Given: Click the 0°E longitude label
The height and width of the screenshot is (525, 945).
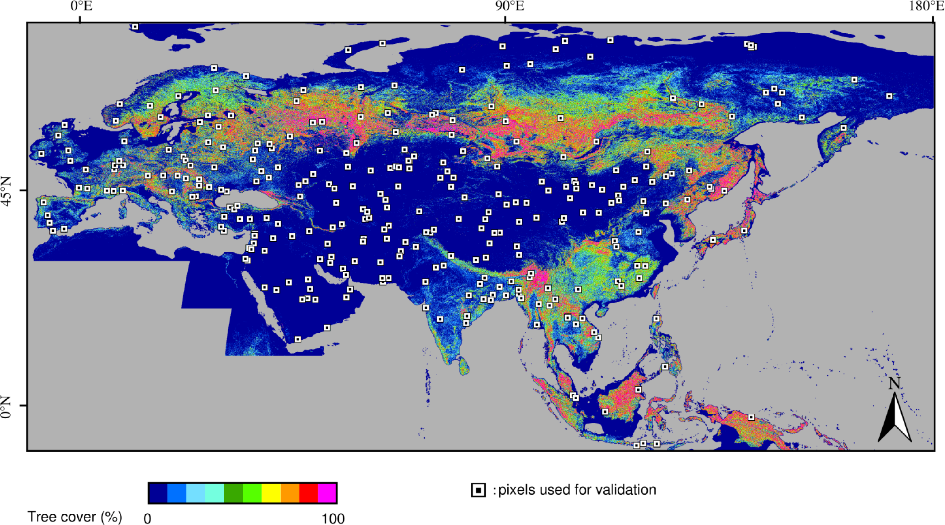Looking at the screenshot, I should [81, 7].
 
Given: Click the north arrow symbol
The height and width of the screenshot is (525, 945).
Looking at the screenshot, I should [895, 418].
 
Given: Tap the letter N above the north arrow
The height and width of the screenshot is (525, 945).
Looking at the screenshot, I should [894, 384].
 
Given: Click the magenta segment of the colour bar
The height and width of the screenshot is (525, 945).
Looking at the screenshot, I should [327, 492].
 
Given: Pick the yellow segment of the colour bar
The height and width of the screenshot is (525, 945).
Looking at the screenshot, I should [271, 492].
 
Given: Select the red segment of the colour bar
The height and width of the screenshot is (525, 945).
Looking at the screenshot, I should [308, 492].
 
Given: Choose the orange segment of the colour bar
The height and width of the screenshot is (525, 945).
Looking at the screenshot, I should [290, 492].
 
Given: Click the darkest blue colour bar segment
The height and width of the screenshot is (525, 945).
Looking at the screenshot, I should [158, 492].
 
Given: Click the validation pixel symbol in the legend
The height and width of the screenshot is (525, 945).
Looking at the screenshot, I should [478, 490].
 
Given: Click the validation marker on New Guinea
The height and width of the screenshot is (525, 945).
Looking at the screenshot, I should [751, 417].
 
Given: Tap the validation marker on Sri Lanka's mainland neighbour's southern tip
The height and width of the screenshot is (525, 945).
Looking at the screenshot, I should [440, 320].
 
